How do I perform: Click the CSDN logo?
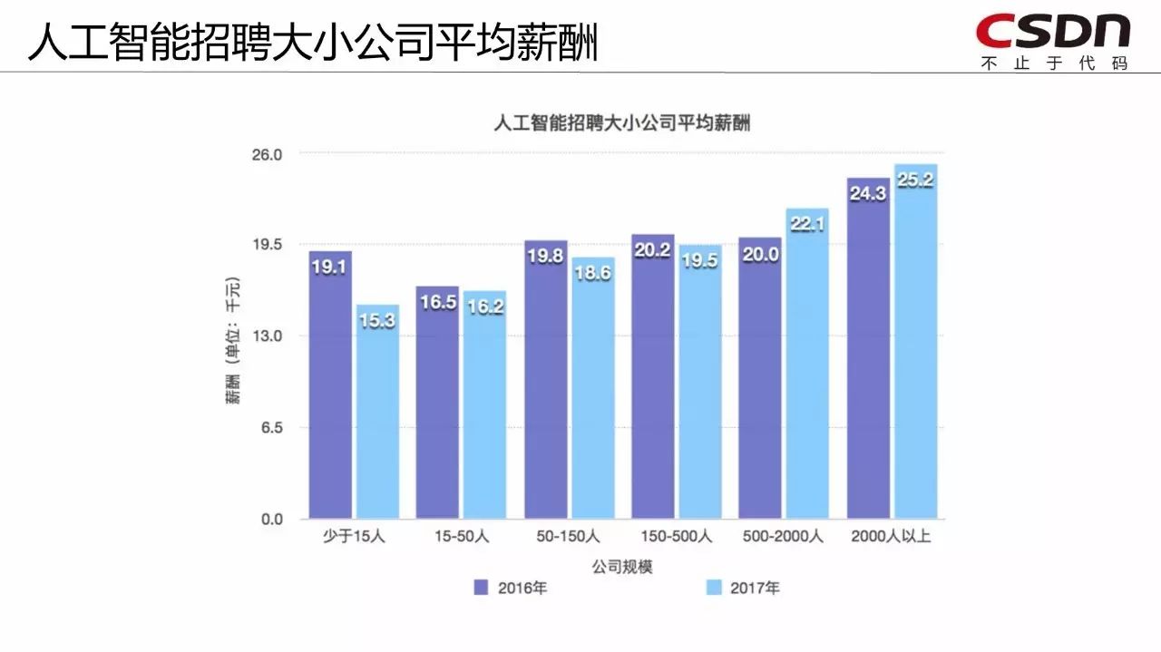pyautogui.click(x=1053, y=31)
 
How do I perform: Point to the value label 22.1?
pyautogui.click(x=807, y=224)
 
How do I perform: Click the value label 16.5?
pyautogui.click(x=437, y=303)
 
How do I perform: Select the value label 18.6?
pyautogui.click(x=592, y=273)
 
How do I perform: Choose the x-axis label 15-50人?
pyautogui.click(x=461, y=537)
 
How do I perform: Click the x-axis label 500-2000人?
pyautogui.click(x=783, y=537)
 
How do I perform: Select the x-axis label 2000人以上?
pyautogui.click(x=891, y=537)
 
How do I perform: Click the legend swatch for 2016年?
pyautogui.click(x=482, y=588)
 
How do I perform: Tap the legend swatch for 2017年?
pyautogui.click(x=714, y=588)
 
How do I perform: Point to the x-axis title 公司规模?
pyautogui.click(x=622, y=567)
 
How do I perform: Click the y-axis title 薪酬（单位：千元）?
pyautogui.click(x=234, y=337)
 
